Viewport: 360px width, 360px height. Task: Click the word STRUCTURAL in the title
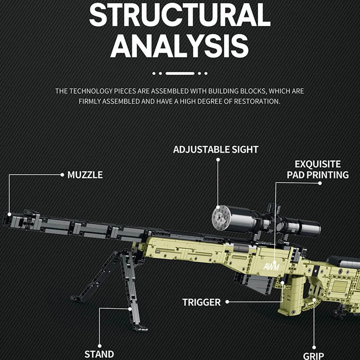180,15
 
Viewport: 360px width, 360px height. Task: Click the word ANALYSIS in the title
180,45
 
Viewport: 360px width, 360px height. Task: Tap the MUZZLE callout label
85,175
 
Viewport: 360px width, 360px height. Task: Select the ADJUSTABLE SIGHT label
216,149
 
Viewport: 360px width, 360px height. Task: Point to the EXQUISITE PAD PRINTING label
318,169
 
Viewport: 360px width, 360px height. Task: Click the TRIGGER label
202,302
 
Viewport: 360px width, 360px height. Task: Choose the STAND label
99,354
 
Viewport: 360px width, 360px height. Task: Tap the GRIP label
313,356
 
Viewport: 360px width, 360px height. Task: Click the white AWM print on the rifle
272,265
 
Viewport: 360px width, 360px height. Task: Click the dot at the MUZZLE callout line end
62,175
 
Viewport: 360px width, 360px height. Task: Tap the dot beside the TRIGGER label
228,302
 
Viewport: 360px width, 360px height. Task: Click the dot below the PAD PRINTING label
319,183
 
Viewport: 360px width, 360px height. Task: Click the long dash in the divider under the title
180,73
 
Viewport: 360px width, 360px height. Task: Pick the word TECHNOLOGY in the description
92,91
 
